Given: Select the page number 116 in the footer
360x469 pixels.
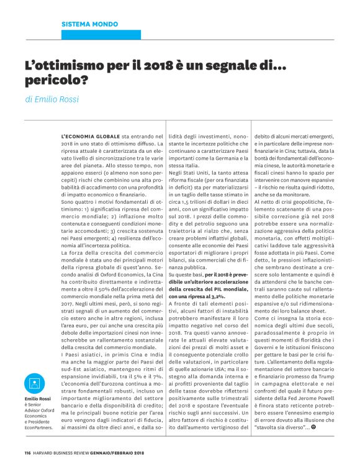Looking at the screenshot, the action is coord(28,452).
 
